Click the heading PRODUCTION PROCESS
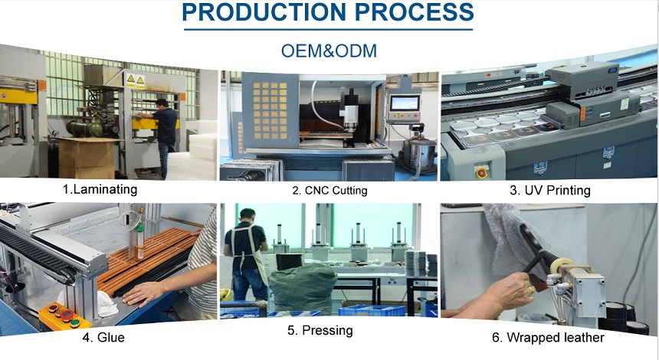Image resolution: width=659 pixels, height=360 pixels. pyautogui.click(x=328, y=11)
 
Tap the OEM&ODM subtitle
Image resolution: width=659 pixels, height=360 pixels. pyautogui.click(x=329, y=51)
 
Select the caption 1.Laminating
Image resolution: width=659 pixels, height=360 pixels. pyautogui.click(x=100, y=189)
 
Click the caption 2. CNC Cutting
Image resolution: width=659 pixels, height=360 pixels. pyautogui.click(x=330, y=191)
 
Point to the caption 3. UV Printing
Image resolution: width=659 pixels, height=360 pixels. pyautogui.click(x=550, y=191)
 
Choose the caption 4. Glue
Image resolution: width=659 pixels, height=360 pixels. pyautogui.click(x=103, y=337)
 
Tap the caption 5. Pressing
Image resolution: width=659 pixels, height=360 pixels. pyautogui.click(x=320, y=331)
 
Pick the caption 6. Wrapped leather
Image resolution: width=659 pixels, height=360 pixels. pyautogui.click(x=548, y=337)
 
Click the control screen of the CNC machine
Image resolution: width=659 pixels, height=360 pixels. pyautogui.click(x=405, y=103)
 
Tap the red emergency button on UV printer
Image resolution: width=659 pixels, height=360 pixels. pyautogui.click(x=481, y=172)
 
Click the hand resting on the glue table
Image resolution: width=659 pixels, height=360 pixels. pyautogui.click(x=143, y=293)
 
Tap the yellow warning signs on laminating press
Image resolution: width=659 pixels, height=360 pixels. pyautogui.click(x=136, y=80)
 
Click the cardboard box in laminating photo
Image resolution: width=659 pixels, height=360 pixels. pyautogui.click(x=86, y=159)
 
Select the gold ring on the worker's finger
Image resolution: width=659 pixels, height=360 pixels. pyautogui.click(x=532, y=290)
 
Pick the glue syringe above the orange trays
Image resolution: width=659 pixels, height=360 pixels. pyautogui.click(x=140, y=241)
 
